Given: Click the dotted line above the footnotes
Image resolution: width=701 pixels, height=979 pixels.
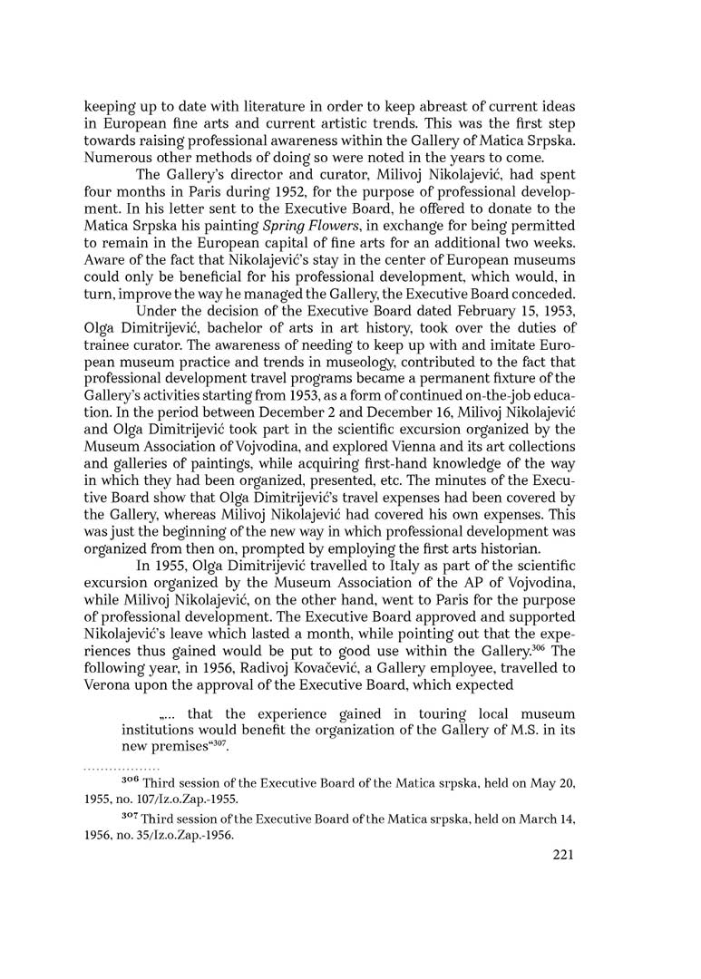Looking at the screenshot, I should point(121,769).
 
